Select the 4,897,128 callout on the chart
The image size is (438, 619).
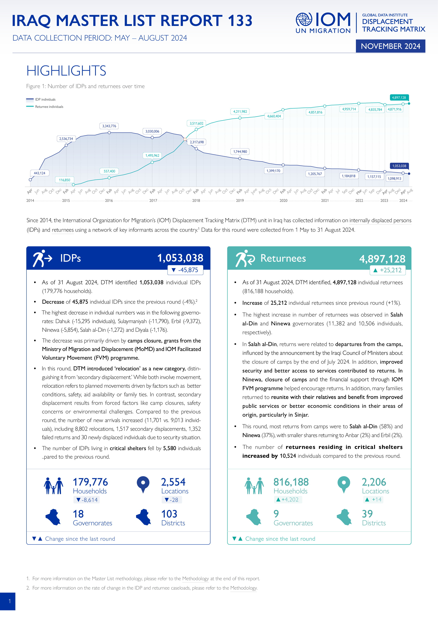click(x=399, y=98)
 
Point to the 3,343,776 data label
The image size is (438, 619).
click(x=109, y=126)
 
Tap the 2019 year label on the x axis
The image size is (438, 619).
click(x=240, y=201)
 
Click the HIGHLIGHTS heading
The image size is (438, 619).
click(x=66, y=71)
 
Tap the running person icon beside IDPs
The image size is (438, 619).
click(x=42, y=258)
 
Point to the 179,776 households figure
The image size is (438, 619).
click(x=90, y=482)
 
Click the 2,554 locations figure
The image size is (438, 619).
click(x=173, y=482)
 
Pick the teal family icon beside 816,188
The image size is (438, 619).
click(x=254, y=486)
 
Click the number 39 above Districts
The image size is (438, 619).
click(x=367, y=514)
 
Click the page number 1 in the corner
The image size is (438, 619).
click(x=10, y=601)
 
